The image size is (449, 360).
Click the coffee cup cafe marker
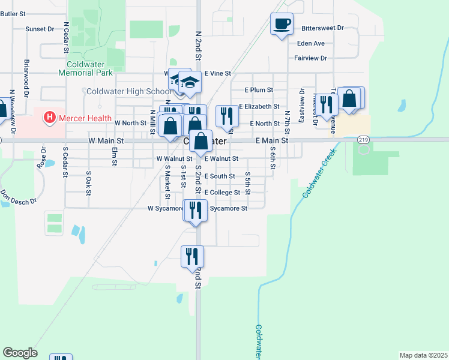click(282, 24)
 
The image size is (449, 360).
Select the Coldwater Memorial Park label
click(86, 68)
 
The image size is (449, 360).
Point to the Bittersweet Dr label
click(322, 28)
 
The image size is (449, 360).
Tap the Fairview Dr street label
click(310, 58)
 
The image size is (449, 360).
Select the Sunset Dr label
click(40, 29)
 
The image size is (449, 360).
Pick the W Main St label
click(106, 140)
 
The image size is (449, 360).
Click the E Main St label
click(272, 140)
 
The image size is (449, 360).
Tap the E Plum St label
click(259, 90)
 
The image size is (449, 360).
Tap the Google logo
click(20, 353)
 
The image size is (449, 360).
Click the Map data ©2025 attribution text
click(423, 355)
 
